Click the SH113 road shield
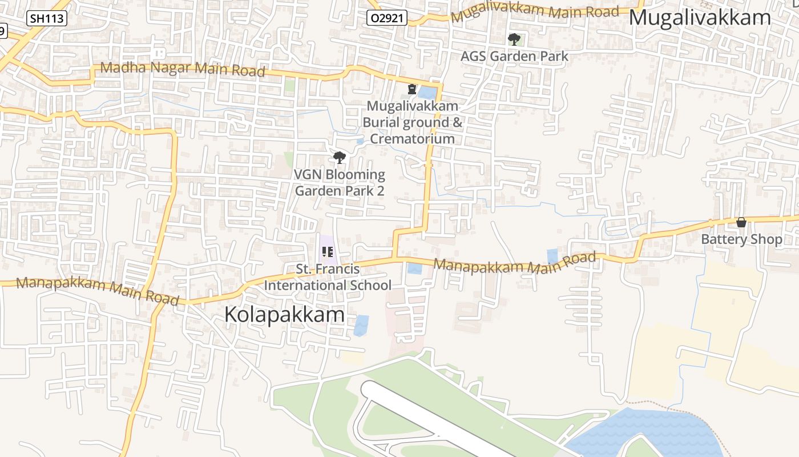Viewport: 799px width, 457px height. click(47, 18)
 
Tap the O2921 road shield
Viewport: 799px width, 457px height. click(386, 18)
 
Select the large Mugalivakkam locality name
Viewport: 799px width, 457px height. click(700, 18)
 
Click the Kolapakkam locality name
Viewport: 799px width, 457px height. click(284, 315)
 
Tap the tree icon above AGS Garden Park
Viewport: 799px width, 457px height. click(514, 39)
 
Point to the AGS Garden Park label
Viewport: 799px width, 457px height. click(514, 56)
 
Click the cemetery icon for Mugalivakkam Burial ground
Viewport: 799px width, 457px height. click(411, 89)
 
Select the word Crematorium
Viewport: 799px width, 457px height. click(413, 139)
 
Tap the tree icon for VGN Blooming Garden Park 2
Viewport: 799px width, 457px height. click(340, 157)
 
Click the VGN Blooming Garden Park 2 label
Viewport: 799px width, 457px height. click(340, 183)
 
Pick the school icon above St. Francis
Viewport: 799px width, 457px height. click(328, 251)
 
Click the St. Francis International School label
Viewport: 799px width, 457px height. click(328, 277)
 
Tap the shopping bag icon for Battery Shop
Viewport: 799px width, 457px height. click(741, 222)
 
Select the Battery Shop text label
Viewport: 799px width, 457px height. click(741, 239)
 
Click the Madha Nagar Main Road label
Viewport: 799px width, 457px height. click(183, 69)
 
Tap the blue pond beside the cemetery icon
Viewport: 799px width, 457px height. click(427, 92)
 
